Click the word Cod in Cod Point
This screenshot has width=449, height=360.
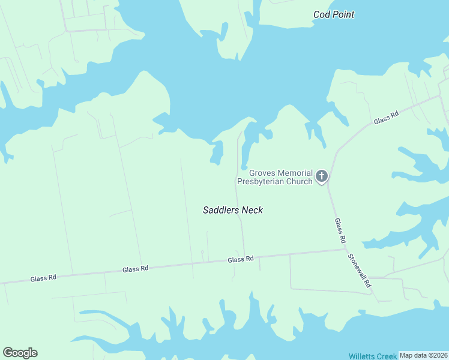[x=322, y=14]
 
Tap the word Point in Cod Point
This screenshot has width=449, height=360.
[x=343, y=14]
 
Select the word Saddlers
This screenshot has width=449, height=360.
[x=221, y=210]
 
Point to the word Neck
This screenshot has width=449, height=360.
[x=252, y=210]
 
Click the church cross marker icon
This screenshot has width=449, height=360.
[x=322, y=176]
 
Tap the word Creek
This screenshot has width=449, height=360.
[x=388, y=356]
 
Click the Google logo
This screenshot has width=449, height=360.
[x=20, y=353]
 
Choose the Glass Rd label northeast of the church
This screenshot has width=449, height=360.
[x=386, y=118]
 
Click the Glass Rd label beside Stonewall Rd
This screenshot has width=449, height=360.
[x=340, y=230]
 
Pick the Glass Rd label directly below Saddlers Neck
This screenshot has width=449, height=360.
[x=241, y=259]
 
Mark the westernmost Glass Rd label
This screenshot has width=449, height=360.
[x=43, y=278]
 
